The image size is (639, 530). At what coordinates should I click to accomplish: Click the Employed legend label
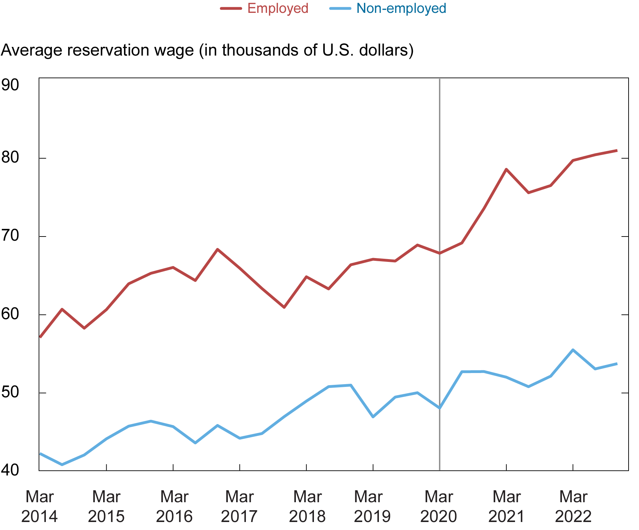point(277,8)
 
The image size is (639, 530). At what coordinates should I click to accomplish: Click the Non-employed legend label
point(401,8)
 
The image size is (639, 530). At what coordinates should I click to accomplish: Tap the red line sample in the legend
point(231,8)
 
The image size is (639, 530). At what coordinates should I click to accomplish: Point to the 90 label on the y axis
point(10,85)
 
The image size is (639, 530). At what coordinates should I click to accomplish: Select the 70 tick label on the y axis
point(10,236)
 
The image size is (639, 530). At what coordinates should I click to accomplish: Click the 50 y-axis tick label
point(10,392)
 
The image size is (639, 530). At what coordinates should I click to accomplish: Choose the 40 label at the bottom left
point(10,470)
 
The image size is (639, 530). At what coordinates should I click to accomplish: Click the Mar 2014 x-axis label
point(39,506)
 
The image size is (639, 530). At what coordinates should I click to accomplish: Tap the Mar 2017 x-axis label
point(239,506)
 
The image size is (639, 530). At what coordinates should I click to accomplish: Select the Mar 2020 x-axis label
point(439,506)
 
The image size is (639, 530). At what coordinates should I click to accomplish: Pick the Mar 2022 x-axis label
point(573,506)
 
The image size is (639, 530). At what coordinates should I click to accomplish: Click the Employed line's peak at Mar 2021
point(506,169)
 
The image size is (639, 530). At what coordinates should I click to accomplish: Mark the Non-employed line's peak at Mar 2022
point(573,350)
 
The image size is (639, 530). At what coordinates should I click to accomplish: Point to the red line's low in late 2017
point(284,307)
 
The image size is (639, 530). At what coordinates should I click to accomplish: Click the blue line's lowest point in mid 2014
point(62,464)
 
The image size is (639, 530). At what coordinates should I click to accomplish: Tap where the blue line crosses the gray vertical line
point(440,408)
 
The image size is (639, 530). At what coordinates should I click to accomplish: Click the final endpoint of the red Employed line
point(616,150)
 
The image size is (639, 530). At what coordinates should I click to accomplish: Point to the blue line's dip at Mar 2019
point(373,416)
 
